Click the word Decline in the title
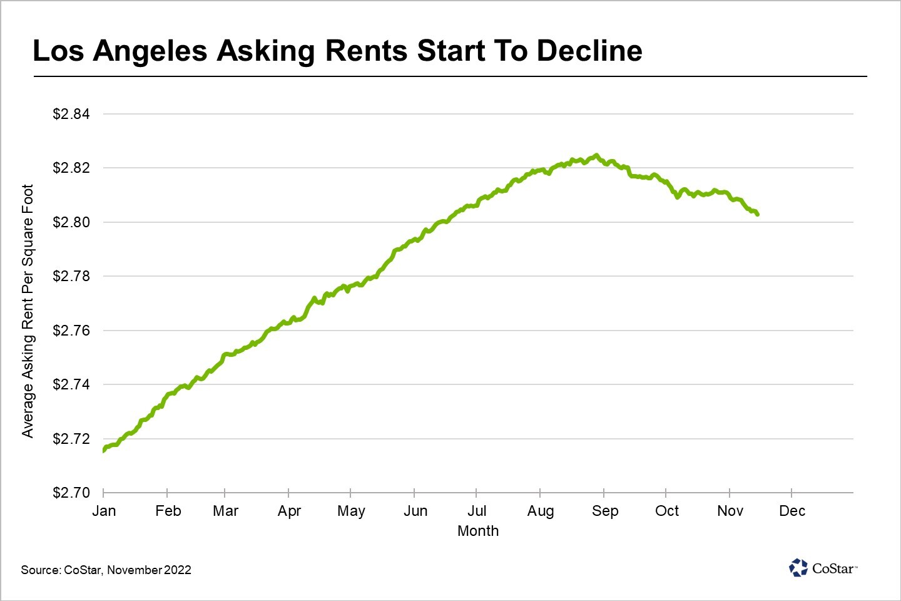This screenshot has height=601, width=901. point(589,51)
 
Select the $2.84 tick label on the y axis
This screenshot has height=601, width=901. point(71,114)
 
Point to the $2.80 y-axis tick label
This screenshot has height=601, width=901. point(71,222)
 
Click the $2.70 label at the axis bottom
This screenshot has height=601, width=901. point(71,493)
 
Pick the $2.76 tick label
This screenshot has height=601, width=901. point(71,331)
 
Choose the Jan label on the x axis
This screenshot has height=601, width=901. point(104,511)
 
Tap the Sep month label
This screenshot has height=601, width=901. point(605,511)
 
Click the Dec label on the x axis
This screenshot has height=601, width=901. point(792,511)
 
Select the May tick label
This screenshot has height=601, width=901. point(351,511)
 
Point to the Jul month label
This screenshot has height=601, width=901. point(477,511)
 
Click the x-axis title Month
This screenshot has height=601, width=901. point(478,531)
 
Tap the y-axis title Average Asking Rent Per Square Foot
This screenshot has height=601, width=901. point(28,311)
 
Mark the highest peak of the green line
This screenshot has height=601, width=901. point(596,155)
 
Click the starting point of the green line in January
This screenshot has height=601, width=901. point(103,450)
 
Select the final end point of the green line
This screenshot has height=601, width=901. point(758,215)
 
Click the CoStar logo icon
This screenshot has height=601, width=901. point(798,568)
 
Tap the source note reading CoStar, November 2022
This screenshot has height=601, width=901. point(106,570)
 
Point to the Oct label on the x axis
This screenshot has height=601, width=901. point(667,511)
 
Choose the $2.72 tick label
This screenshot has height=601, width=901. point(71,439)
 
